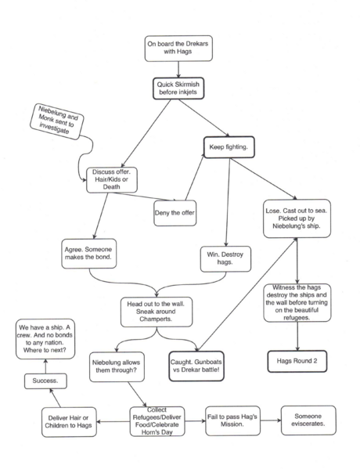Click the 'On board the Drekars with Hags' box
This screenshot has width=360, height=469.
178,49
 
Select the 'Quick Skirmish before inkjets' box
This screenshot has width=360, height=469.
178,88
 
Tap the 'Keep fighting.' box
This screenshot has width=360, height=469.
229,147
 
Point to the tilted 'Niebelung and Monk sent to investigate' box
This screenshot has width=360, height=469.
57,121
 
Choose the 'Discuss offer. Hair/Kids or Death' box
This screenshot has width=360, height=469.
112,180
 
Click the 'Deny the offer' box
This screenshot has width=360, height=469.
175,213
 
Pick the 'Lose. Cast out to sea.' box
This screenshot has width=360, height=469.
297,218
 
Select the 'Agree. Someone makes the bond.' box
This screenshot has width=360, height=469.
88,254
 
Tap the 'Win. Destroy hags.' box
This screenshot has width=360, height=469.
225,259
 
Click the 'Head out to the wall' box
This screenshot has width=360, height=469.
157,312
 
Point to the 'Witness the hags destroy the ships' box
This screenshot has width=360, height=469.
297,303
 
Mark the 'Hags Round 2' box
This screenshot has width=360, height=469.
297,361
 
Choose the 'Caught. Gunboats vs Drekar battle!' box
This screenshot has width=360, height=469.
196,366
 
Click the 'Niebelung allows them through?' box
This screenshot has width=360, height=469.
117,366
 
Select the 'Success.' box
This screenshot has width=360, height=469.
45,381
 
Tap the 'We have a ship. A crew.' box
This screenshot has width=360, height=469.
45,339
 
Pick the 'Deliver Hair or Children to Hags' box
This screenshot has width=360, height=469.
69,422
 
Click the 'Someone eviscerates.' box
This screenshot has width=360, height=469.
308,420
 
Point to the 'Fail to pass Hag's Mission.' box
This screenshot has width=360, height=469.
232,420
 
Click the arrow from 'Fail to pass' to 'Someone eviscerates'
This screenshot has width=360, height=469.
271,420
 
